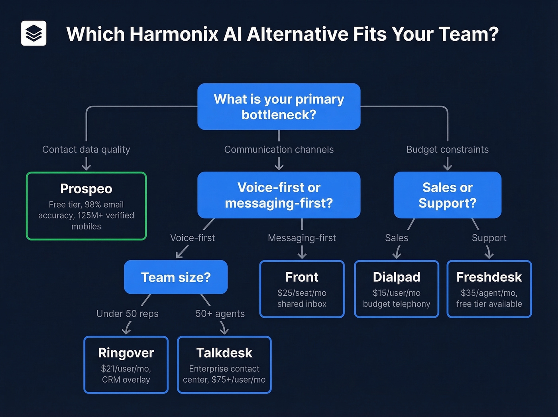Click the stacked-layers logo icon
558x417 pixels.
point(33,33)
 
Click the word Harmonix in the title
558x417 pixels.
point(174,34)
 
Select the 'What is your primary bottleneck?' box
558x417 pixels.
point(279,107)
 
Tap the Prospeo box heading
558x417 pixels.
point(86,189)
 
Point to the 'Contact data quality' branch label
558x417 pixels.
point(86,150)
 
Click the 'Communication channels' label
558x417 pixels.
point(279,150)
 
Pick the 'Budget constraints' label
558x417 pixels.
point(447,150)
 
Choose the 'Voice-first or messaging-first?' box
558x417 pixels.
point(279,195)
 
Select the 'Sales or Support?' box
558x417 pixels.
point(447,195)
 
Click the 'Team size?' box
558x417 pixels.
point(176,277)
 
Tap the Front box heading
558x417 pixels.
point(302,277)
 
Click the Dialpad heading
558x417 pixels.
point(396,277)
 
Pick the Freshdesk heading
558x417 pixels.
point(489,277)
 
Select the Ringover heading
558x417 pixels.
point(126,353)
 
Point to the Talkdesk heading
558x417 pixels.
point(224,353)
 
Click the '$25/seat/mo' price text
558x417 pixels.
point(302,293)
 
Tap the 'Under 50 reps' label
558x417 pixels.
point(128,314)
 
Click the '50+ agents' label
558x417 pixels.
point(220,314)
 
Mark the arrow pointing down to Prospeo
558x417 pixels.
point(86,164)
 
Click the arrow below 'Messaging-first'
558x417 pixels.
point(302,252)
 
